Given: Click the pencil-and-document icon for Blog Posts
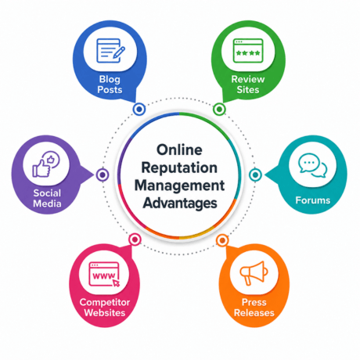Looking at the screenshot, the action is point(110,51).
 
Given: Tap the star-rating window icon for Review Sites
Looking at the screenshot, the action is point(248,51).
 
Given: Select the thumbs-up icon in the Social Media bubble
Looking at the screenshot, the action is point(46,164).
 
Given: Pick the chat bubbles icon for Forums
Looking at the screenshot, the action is point(313,165).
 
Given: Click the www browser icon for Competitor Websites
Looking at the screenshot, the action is point(104,275).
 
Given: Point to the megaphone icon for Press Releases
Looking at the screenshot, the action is point(254,273).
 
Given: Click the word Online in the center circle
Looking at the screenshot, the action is point(179,150).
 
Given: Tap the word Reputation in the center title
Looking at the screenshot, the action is point(179,167).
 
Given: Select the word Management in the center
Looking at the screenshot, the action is point(179,185).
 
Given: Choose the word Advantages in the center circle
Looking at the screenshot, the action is point(180,203).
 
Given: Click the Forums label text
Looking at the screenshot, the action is point(313,200).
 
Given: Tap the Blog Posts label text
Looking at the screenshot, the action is point(110,85).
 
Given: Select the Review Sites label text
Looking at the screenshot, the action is point(248,85).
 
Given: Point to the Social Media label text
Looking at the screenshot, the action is point(47,198).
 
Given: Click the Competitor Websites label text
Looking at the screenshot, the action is point(105,308).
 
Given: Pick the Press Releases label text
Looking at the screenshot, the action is point(254,308).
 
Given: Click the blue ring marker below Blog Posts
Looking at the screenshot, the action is point(139,109).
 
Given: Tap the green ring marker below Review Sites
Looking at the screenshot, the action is point(219,109).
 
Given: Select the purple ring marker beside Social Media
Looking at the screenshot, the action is point(103,175).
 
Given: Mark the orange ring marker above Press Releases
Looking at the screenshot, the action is point(222,240).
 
